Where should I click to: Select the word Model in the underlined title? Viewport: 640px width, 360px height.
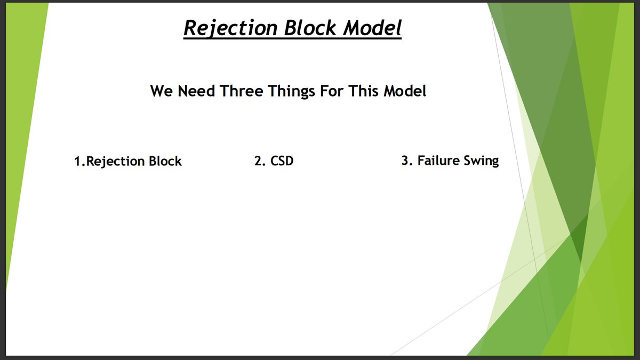pos(372,28)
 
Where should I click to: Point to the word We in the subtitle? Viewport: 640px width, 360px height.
pos(161,91)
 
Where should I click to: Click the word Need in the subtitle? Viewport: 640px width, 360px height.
pos(196,91)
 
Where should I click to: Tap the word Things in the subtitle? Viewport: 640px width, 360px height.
pos(291,91)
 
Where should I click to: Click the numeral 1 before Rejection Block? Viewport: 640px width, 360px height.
pos(77,162)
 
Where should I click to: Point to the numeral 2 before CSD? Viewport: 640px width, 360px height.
pos(259,161)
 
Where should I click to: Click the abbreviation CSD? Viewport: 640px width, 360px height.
pos(282,161)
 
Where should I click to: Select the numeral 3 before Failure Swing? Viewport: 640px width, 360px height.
pos(405,161)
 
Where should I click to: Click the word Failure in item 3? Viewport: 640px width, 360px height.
pos(438,161)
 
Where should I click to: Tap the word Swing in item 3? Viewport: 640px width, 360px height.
pos(482,161)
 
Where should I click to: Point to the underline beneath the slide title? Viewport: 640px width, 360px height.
pos(292,38)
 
